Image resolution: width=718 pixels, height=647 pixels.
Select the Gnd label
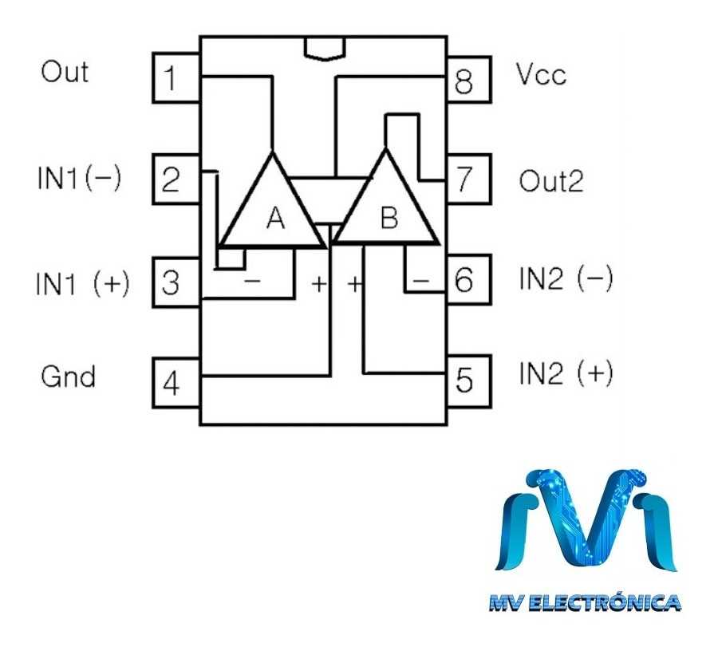pyautogui.click(x=69, y=377)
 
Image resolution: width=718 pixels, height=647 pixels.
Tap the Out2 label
pyautogui.click(x=551, y=181)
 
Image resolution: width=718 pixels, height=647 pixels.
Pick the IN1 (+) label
pyautogui.click(x=81, y=283)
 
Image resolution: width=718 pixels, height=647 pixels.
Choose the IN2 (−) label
pyautogui.click(x=566, y=280)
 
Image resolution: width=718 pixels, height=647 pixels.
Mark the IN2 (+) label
pyautogui.click(x=566, y=373)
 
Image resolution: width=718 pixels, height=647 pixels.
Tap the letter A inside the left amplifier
pyautogui.click(x=274, y=218)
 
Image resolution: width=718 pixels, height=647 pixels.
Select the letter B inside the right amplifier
pyautogui.click(x=389, y=218)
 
